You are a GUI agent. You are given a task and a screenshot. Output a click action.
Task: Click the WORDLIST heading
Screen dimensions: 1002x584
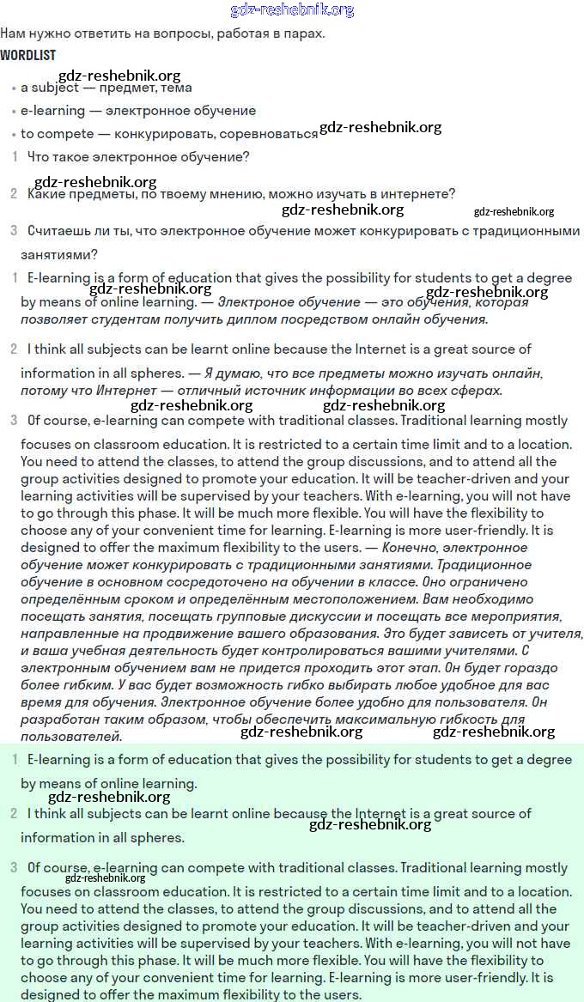(x=27, y=56)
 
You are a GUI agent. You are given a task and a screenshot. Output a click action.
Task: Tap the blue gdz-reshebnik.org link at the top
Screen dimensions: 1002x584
(x=292, y=10)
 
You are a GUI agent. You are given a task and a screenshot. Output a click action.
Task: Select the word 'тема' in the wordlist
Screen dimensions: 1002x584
(x=174, y=88)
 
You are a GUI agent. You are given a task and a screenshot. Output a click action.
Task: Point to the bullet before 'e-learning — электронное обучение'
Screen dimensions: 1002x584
(x=14, y=112)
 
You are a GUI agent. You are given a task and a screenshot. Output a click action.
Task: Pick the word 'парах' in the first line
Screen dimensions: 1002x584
(x=307, y=33)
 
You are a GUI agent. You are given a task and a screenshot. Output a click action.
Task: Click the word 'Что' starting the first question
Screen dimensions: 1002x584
(x=39, y=157)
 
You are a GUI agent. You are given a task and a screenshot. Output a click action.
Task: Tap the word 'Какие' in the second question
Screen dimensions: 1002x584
(x=45, y=194)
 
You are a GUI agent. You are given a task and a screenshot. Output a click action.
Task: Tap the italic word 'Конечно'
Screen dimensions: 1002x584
(x=410, y=548)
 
